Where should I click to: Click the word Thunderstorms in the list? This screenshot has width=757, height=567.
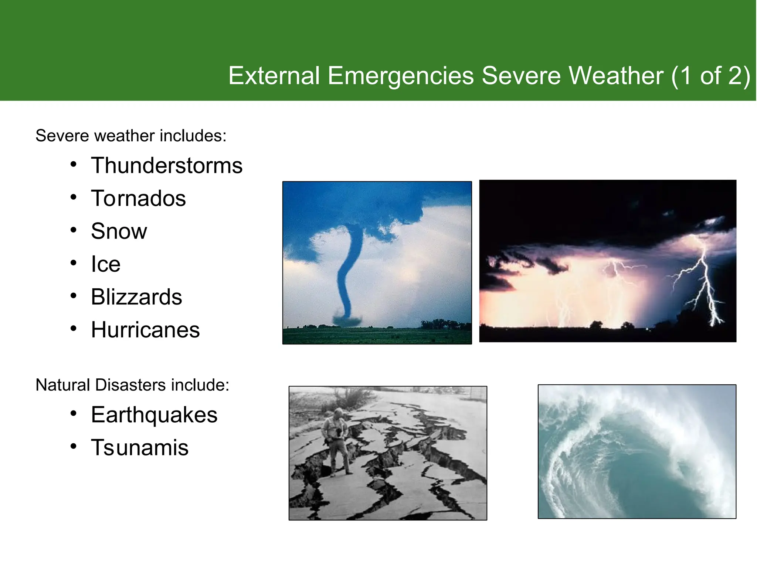167,165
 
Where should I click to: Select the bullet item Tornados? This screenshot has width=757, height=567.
138,198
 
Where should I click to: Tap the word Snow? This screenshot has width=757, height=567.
119,231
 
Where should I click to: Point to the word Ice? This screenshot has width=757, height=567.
106,264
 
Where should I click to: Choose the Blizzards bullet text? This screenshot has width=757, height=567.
136,297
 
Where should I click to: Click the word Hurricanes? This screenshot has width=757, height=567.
145,330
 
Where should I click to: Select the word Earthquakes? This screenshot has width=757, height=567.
154,415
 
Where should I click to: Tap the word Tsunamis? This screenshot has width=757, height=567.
140,447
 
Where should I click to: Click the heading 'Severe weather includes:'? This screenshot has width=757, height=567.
131,136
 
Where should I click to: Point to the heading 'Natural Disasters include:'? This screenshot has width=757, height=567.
132,385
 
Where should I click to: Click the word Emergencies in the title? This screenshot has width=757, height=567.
400,76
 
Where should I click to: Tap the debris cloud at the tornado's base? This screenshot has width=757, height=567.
347,320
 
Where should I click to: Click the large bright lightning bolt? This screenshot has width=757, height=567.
704,281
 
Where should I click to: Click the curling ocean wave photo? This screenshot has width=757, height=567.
637,451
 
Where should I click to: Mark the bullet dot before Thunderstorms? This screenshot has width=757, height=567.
74,164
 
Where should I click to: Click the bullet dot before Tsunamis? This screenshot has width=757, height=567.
74,446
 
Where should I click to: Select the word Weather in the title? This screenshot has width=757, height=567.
616,76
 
